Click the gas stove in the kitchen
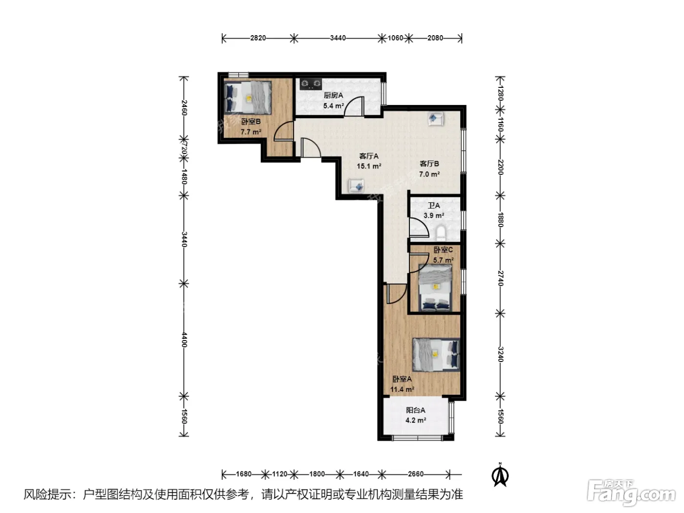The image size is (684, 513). coord(311,84)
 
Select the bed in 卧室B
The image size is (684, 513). coord(247,97)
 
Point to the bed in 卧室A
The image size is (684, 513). coord(436,355)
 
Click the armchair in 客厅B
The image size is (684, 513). coord(436,119)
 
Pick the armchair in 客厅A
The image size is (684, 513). coord(356,186)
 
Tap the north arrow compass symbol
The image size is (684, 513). coord(500,475)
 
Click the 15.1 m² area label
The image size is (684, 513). coord(369,166)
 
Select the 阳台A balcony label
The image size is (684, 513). coord(415,410)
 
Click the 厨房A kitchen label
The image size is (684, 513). coord(333,95)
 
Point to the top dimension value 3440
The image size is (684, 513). coord(338,38)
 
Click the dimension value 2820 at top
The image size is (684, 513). coord(258,38)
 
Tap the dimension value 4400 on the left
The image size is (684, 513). coord(184,340)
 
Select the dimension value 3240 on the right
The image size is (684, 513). coord(500,355)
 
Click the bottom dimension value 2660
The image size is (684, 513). coord(416,474)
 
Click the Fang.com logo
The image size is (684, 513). coord(631,493)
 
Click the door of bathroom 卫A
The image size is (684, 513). coord(419,228)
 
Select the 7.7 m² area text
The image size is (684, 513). coord(251,132)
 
